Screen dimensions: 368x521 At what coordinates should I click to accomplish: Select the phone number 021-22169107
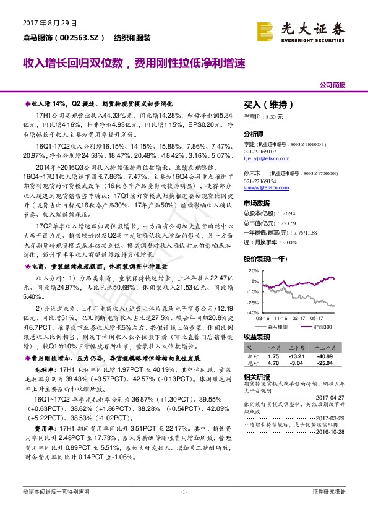(x=260, y=150)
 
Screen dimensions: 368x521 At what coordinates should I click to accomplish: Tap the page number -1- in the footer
(x=184, y=509)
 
